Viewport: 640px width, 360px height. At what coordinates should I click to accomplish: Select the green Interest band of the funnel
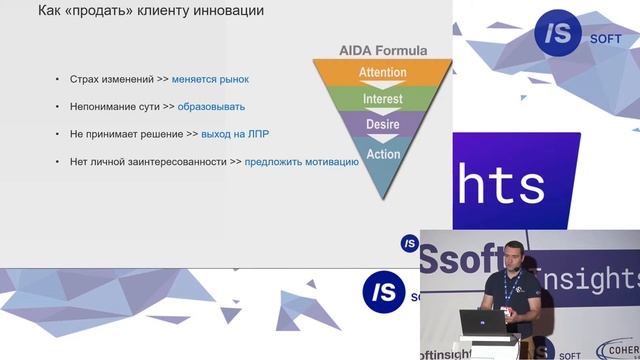coord(384,99)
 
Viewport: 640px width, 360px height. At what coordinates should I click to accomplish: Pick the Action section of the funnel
coord(384,154)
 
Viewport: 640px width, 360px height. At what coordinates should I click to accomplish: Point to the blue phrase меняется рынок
coord(210,79)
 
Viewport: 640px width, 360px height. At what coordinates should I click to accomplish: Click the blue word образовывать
coord(211,106)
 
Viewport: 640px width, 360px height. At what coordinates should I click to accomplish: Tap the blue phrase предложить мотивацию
coord(301,160)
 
